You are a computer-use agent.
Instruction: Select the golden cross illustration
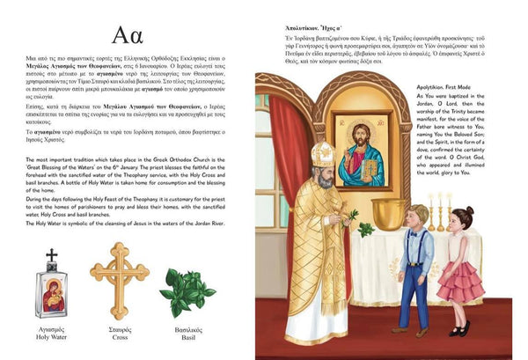click(119, 280)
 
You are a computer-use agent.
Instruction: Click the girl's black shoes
click(458, 330)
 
